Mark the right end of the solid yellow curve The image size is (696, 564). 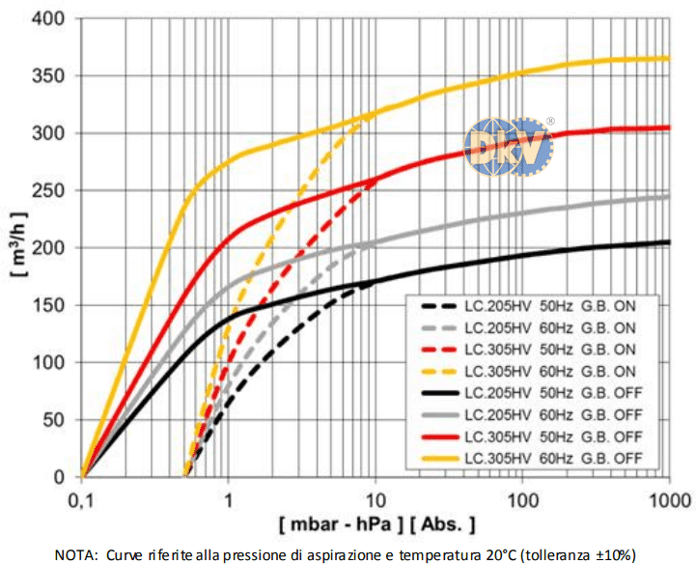point(669,59)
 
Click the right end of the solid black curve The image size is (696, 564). point(669,242)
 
